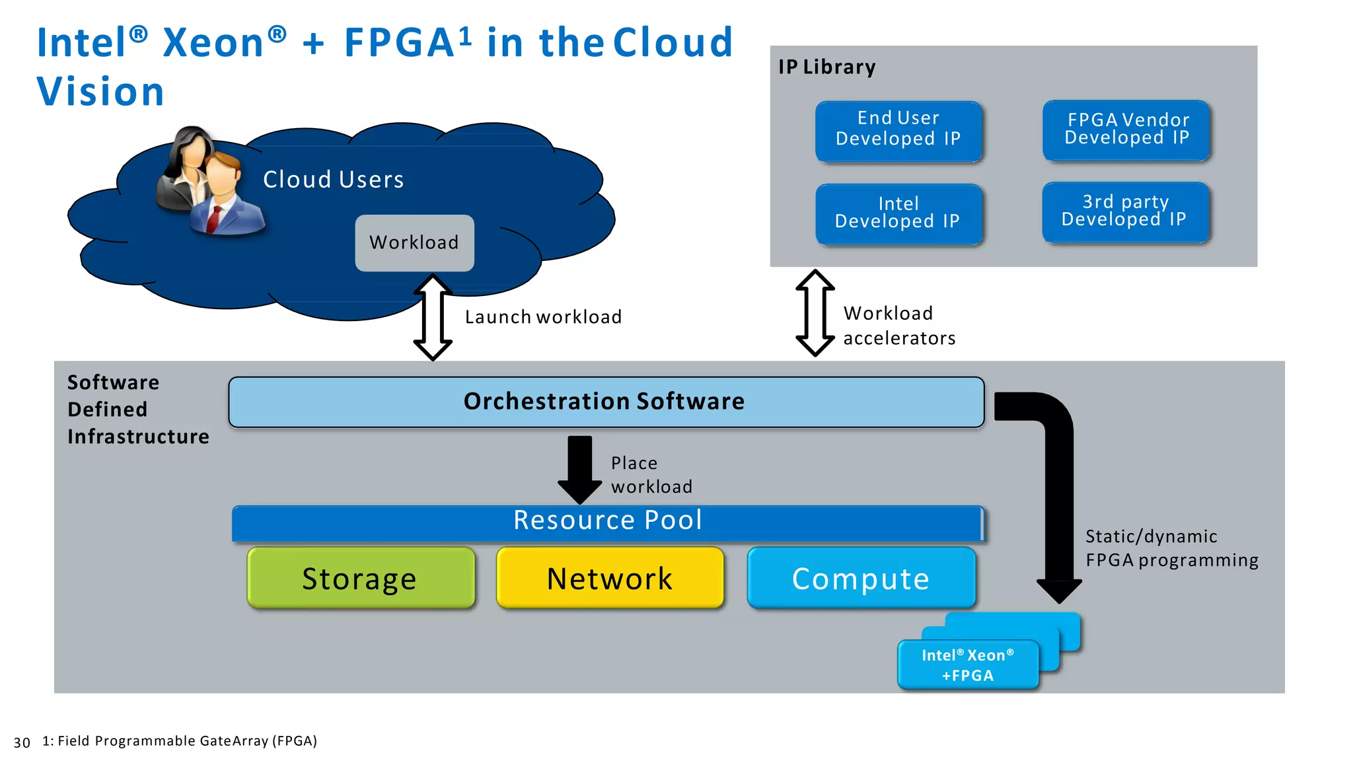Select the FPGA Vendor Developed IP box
point(1126,130)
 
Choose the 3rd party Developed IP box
point(1125,212)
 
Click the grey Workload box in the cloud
point(414,242)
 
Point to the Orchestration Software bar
point(605,402)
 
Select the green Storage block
point(361,578)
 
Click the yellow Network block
point(610,578)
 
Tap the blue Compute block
point(861,578)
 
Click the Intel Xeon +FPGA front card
point(967,665)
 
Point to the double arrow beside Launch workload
point(433,317)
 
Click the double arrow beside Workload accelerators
point(815,312)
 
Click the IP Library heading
point(826,67)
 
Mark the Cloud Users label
point(333,180)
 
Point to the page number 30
point(22,743)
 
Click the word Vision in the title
point(100,91)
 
